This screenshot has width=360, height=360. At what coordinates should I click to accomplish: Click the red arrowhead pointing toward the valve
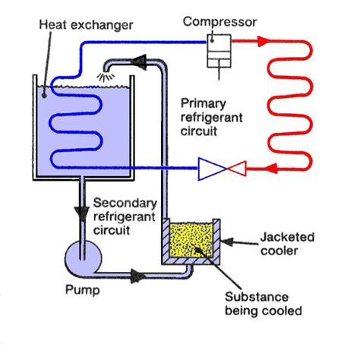(270, 168)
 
